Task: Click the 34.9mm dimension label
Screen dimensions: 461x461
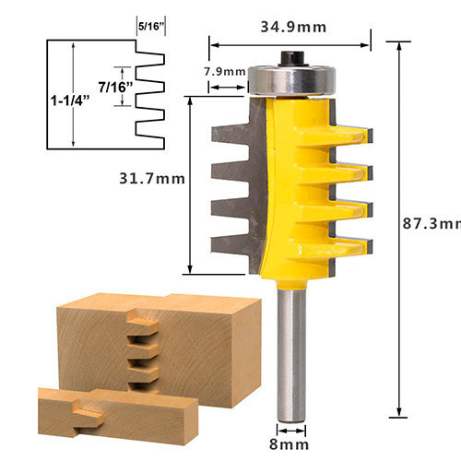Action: click(293, 28)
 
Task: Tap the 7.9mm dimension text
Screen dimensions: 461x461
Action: click(225, 72)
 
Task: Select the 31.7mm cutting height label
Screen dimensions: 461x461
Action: click(152, 179)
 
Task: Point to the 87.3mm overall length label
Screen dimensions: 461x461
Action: click(431, 224)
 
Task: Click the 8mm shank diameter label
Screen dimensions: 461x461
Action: click(289, 444)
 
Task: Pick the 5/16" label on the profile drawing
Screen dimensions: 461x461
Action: click(149, 27)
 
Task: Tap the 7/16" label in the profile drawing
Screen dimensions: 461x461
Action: click(115, 88)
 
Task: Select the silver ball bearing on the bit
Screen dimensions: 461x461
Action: click(291, 80)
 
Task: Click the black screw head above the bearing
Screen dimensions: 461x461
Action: click(292, 58)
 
